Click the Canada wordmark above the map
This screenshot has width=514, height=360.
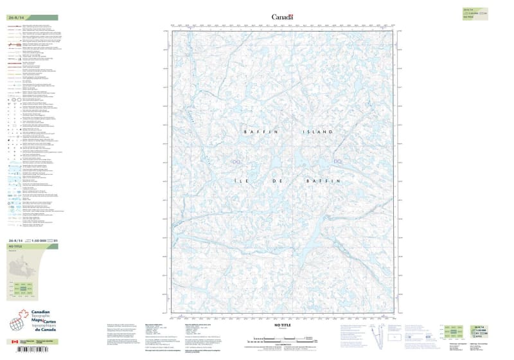point(283,17)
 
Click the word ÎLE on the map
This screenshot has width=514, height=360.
point(237,182)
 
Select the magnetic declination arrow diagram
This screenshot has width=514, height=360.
point(376,334)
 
